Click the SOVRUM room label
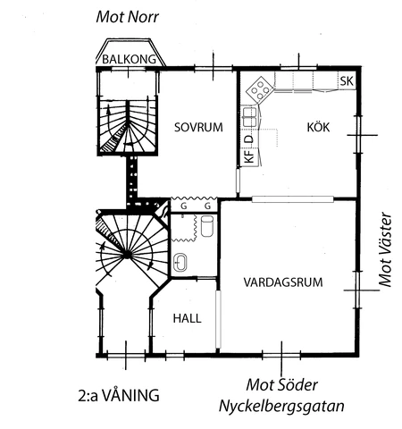coord(198,127)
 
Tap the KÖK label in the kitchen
coord(318,127)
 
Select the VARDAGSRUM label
coord(283,282)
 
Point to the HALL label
coord(187,318)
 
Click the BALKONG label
coord(129,59)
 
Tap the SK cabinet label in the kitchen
coord(347,81)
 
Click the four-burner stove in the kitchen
coord(260,88)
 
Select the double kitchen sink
coord(249,117)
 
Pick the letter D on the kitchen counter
coord(249,139)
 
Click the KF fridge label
coord(249,156)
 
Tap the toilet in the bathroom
coord(207,226)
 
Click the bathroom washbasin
coord(180,263)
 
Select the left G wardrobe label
coord(184,206)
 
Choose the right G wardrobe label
coord(207,206)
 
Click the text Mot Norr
coord(127,17)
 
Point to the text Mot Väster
coord(385,249)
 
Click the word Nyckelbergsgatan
coord(281,407)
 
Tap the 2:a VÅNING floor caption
coord(119,395)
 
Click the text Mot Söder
coord(281,385)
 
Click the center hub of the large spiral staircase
coord(127,255)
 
